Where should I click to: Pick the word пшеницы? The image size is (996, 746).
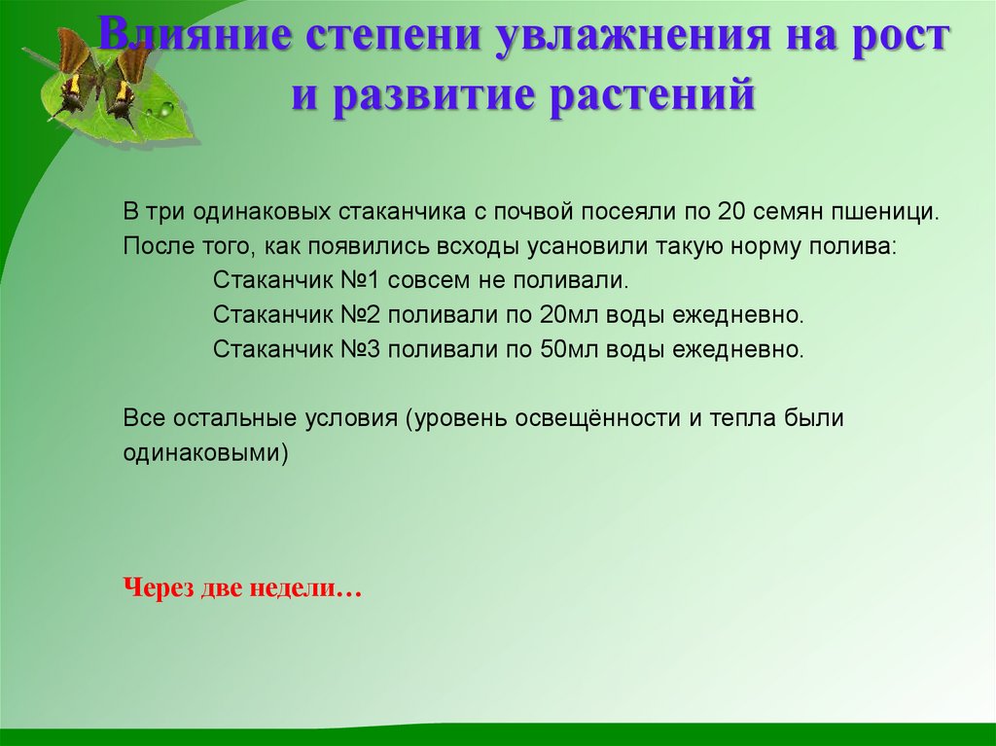tap(894, 213)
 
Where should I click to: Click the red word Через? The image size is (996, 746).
tap(160, 589)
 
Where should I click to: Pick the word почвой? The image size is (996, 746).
tap(525, 213)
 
